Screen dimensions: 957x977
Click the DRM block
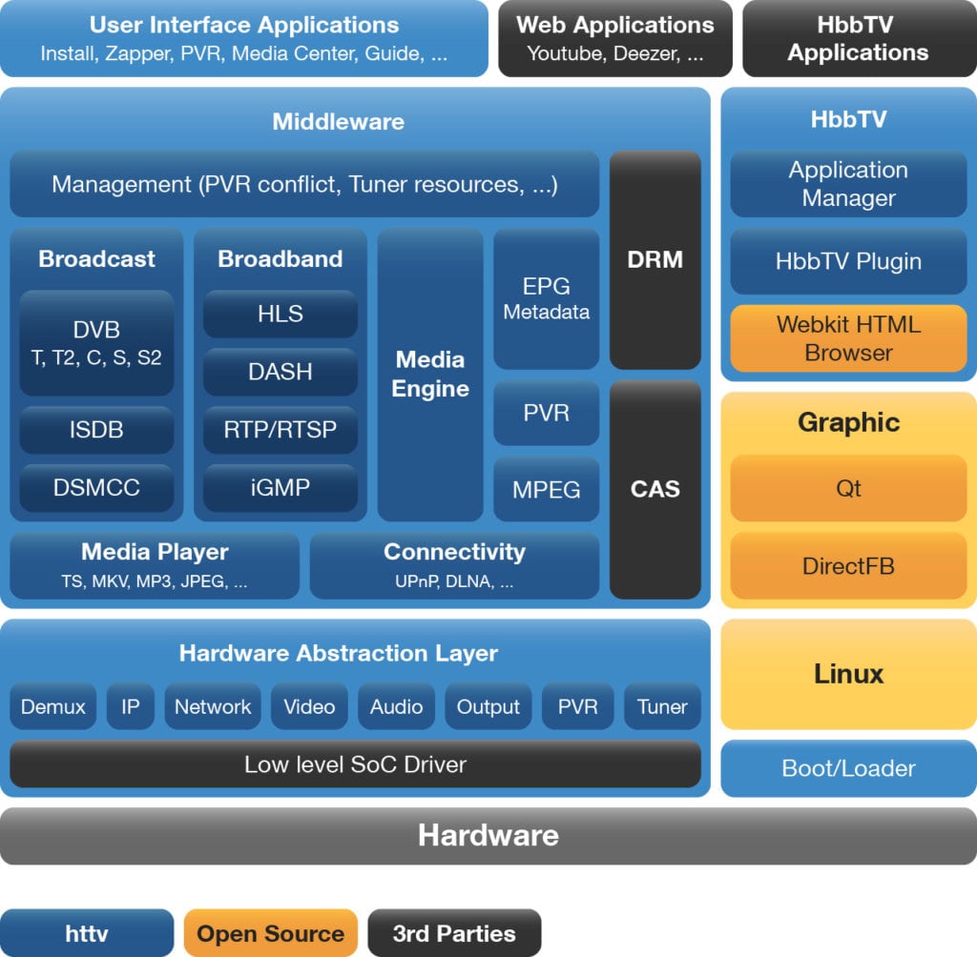pos(655,259)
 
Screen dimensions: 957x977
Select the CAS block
pos(655,489)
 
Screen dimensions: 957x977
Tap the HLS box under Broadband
pos(281,315)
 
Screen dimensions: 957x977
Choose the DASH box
pos(281,372)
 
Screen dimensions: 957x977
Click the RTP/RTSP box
pos(281,430)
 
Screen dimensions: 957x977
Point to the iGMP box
pos(281,487)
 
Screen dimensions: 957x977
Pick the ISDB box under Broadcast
pos(96,430)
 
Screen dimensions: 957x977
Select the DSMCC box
pos(96,487)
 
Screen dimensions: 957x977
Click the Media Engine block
pos(430,374)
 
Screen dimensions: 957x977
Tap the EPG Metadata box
pos(547,298)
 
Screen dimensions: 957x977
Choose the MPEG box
pos(547,489)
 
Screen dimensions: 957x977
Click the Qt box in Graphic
pos(848,488)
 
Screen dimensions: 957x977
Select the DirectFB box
pos(848,566)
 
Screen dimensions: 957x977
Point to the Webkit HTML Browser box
pos(848,338)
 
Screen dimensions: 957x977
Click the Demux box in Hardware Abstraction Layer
pos(53,707)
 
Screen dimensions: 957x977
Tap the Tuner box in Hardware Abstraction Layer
pos(662,707)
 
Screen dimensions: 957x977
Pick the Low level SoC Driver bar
pos(355,764)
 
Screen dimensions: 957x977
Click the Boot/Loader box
pos(848,768)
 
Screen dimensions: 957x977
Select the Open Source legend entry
pos(270,933)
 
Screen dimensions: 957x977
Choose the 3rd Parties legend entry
pos(454,933)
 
